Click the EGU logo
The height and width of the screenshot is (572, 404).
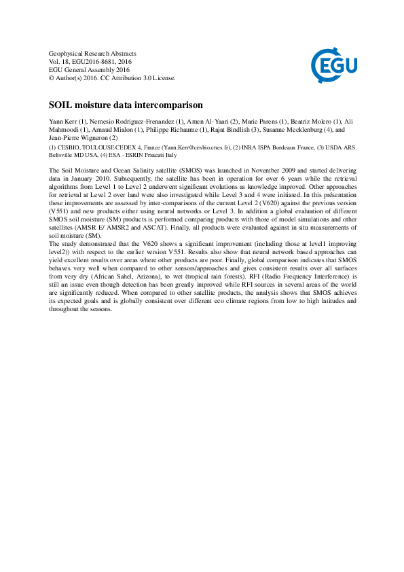point(333,65)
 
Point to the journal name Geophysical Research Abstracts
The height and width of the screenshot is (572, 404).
point(92,54)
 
